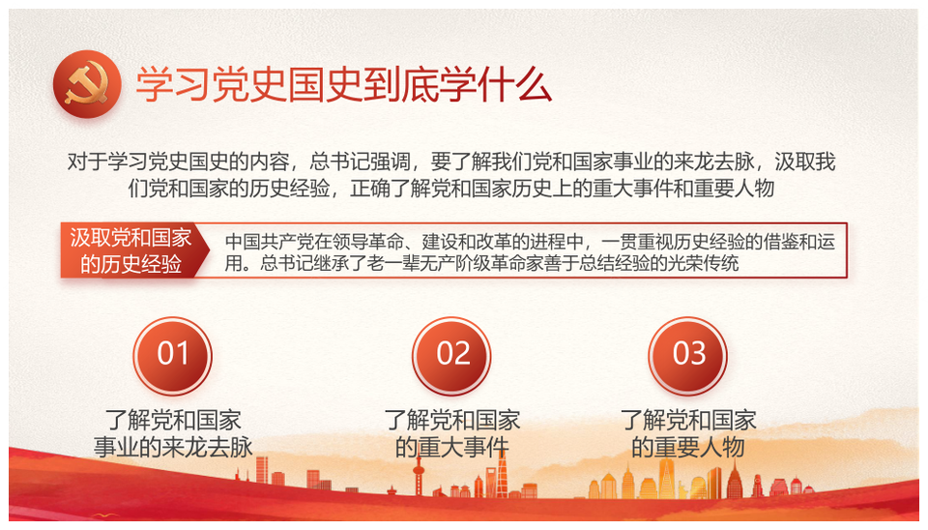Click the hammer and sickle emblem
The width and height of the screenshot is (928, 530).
click(87, 84)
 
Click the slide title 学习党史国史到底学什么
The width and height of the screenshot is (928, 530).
click(344, 85)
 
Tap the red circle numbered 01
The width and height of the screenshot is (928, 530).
click(172, 355)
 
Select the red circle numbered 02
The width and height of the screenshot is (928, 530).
click(451, 355)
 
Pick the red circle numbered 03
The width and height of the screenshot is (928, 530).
click(687, 355)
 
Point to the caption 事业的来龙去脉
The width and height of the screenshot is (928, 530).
click(173, 447)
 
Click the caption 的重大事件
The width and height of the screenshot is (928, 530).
click(452, 447)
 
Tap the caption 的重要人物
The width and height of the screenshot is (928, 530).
click(687, 447)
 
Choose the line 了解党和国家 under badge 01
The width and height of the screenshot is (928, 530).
click(173, 420)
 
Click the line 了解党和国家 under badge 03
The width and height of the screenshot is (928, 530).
click(687, 420)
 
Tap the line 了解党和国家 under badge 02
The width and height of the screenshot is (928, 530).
click(452, 420)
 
